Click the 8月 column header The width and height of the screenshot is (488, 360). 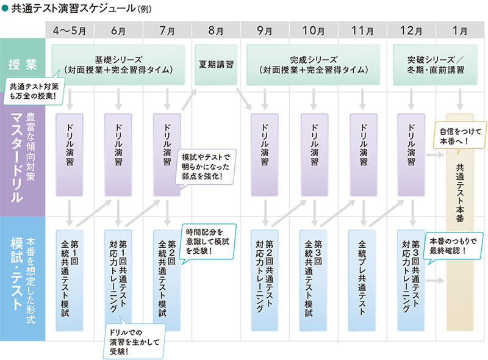pos(216,29)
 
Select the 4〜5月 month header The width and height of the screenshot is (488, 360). pos(70,29)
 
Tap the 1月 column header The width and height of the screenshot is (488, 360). pos(461,29)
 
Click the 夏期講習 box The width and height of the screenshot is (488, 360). pos(217,64)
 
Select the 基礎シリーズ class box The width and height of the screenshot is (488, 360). pos(119,64)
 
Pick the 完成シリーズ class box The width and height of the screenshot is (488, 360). pos(314,64)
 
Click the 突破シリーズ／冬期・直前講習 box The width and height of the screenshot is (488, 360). pos(436,64)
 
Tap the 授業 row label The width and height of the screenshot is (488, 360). pos(22,65)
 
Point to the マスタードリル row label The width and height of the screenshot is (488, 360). pos(22,156)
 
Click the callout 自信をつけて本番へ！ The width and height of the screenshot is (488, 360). pos(458,134)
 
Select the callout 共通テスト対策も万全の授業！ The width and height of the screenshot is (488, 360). pos(35,90)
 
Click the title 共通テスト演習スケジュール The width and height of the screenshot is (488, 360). pos(76,9)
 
